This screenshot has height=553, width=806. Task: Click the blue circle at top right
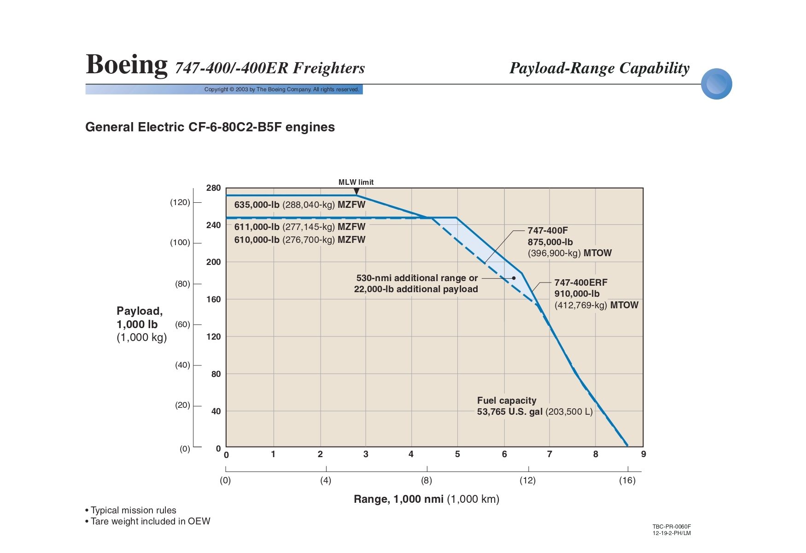716,84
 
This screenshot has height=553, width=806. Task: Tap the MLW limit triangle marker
356,191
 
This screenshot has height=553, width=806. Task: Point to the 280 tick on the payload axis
214,188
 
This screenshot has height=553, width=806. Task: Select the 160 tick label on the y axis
214,300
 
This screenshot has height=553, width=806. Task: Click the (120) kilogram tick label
180,202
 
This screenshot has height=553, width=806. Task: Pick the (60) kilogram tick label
182,324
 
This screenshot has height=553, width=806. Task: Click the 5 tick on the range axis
457,454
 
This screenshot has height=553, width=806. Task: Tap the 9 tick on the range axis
643,454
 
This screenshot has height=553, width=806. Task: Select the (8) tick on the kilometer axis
426,481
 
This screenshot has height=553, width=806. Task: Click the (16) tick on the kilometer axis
627,481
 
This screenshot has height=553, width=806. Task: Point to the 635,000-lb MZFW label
299,205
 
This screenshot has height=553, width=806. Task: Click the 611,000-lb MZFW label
299,227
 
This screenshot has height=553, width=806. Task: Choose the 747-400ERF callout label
581,283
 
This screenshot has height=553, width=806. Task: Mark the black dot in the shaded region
514,278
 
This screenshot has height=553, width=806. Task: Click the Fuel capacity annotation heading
507,401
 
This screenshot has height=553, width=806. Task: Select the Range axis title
426,499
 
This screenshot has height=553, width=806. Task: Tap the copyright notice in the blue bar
281,89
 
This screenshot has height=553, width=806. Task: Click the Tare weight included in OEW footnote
150,521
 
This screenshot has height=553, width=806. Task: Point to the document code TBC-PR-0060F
672,527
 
